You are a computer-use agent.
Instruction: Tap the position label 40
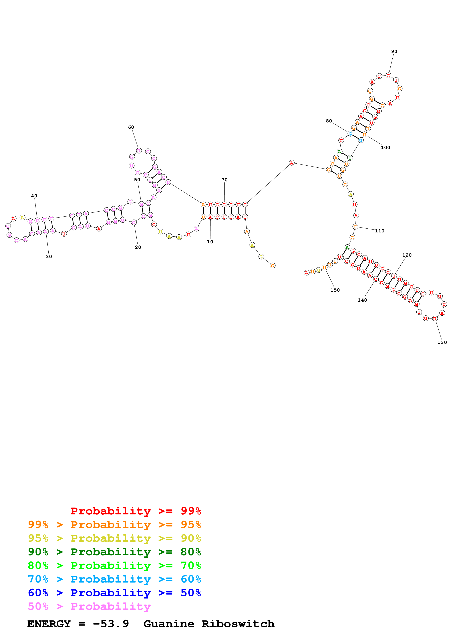point(34,196)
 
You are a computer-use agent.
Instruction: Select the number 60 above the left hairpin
point(131,127)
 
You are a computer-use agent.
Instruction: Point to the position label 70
point(224,180)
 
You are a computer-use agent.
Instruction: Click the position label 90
point(394,52)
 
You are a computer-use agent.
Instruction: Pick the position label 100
point(386,148)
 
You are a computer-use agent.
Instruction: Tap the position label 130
point(442,342)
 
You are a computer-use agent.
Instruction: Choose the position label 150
point(335,290)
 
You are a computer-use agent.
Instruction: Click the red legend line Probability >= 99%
point(136,511)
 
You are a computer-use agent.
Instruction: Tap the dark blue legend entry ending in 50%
point(114,593)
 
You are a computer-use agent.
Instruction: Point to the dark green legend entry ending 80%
point(114,552)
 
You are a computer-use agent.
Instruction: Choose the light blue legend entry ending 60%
point(114,579)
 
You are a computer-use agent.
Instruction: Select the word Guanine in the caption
point(169,624)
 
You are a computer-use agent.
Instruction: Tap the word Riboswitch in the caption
point(238,624)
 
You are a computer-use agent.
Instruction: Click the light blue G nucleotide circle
point(350,134)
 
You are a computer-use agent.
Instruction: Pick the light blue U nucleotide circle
point(360,140)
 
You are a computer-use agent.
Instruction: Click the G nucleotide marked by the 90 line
point(388,76)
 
